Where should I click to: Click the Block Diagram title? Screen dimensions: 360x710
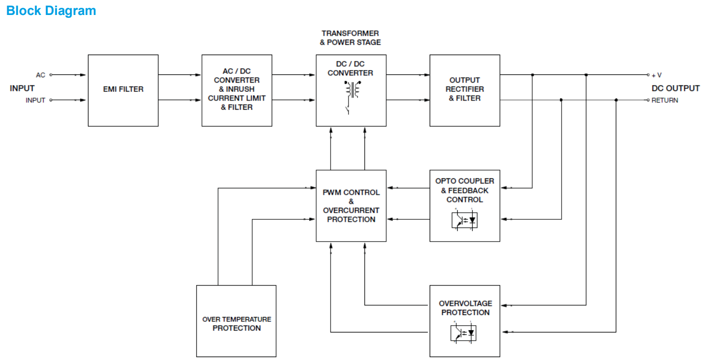(51, 11)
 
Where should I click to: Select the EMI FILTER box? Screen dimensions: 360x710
(123, 89)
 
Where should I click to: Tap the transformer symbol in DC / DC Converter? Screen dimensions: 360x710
(351, 89)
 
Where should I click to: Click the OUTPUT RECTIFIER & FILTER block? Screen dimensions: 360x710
(464, 89)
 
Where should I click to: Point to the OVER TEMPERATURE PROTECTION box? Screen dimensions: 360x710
(236, 324)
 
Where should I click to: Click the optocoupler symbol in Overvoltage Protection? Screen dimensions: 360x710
(464, 333)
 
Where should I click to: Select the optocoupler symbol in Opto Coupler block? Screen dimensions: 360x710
(464, 219)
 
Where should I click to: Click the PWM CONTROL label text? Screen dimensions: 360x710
(351, 192)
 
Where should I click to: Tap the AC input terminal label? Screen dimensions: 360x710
(41, 75)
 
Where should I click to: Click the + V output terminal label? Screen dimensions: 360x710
(656, 75)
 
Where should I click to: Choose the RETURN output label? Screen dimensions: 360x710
(665, 101)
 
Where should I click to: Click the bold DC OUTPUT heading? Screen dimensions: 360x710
(675, 88)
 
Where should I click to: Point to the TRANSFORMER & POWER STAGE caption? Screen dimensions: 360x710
(350, 38)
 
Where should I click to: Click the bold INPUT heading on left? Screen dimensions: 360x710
(22, 88)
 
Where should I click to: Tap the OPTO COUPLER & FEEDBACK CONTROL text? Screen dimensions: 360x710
(464, 190)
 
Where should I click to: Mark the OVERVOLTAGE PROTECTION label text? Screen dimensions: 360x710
(465, 308)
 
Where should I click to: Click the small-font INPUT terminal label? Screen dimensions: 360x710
(35, 101)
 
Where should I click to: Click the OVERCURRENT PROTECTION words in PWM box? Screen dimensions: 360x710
(351, 215)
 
